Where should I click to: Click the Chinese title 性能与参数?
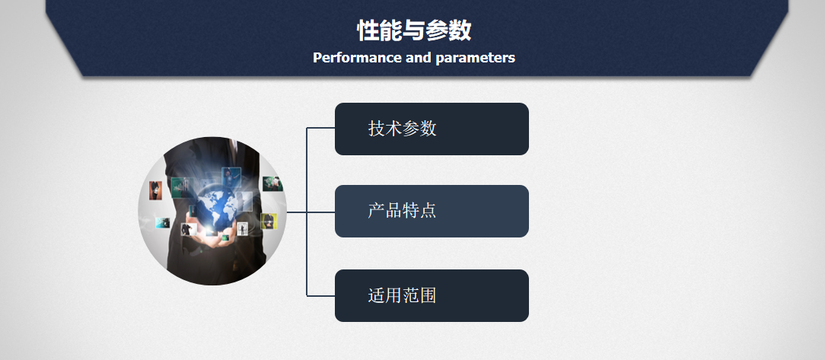[414, 30]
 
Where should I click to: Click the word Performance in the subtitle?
[357, 57]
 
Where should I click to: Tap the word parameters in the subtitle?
[475, 58]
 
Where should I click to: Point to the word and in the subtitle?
[419, 57]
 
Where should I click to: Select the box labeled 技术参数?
[432, 129]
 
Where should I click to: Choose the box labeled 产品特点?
[432, 211]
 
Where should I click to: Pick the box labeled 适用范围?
[432, 295]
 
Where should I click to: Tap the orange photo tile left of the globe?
[155, 190]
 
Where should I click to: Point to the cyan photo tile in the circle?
[163, 223]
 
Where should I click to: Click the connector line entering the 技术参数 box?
[320, 128]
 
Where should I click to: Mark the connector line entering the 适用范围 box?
[320, 296]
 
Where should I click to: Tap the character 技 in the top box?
[377, 129]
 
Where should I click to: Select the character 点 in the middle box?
[428, 211]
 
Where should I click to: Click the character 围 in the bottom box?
[428, 295]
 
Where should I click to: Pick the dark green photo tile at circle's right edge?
[272, 183]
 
